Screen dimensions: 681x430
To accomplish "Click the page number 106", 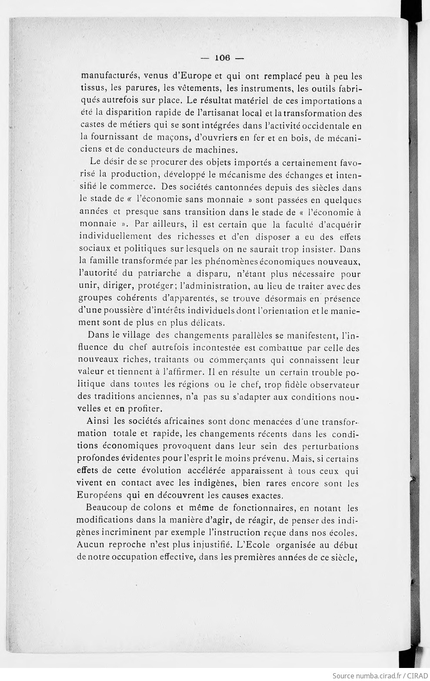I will click(x=222, y=57).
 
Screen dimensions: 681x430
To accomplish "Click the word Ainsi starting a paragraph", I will click(x=97, y=421).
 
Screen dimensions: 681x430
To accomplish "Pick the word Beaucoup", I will click(x=104, y=507).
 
